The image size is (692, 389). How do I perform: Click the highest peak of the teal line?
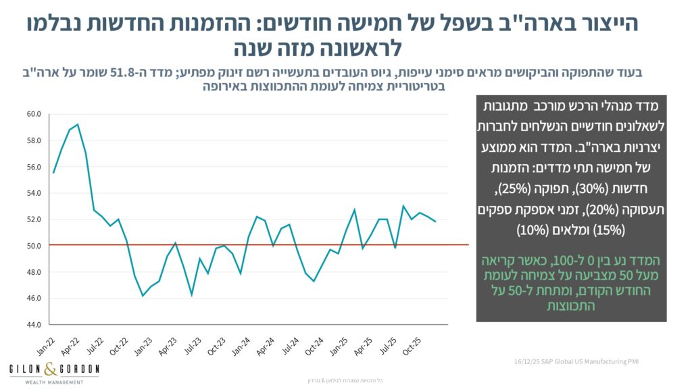coord(78,124)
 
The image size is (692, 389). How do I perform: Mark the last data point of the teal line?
coord(436,222)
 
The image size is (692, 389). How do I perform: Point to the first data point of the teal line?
coord(53,172)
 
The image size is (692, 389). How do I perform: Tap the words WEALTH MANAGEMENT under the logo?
coord(46,382)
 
